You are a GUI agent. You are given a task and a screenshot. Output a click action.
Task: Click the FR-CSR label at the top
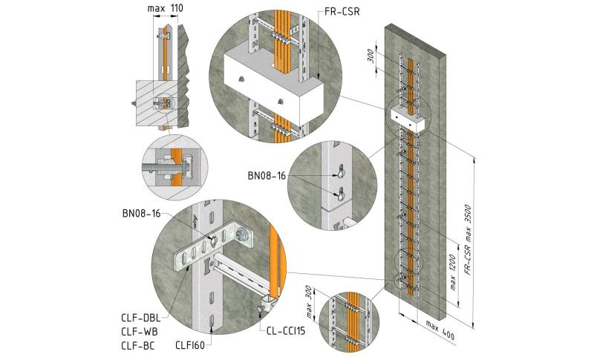click(x=342, y=12)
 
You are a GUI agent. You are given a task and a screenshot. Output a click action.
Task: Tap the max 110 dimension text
click(x=165, y=8)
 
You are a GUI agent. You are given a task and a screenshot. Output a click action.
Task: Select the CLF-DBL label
click(x=141, y=317)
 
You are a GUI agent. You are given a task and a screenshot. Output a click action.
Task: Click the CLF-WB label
click(x=140, y=332)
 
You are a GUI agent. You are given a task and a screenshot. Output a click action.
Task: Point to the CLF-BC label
click(x=138, y=346)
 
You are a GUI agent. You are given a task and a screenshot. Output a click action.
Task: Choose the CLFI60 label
click(x=190, y=345)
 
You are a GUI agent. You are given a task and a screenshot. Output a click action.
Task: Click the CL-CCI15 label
click(x=286, y=331)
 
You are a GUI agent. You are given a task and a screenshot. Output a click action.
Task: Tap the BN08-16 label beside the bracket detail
click(x=141, y=214)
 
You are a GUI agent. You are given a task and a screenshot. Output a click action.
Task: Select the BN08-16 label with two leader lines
click(x=267, y=176)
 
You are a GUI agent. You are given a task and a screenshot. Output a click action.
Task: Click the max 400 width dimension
click(x=440, y=330)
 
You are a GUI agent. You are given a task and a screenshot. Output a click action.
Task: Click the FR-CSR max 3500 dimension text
click(x=469, y=239)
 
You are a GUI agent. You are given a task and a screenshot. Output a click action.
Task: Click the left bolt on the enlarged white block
click(x=240, y=79)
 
